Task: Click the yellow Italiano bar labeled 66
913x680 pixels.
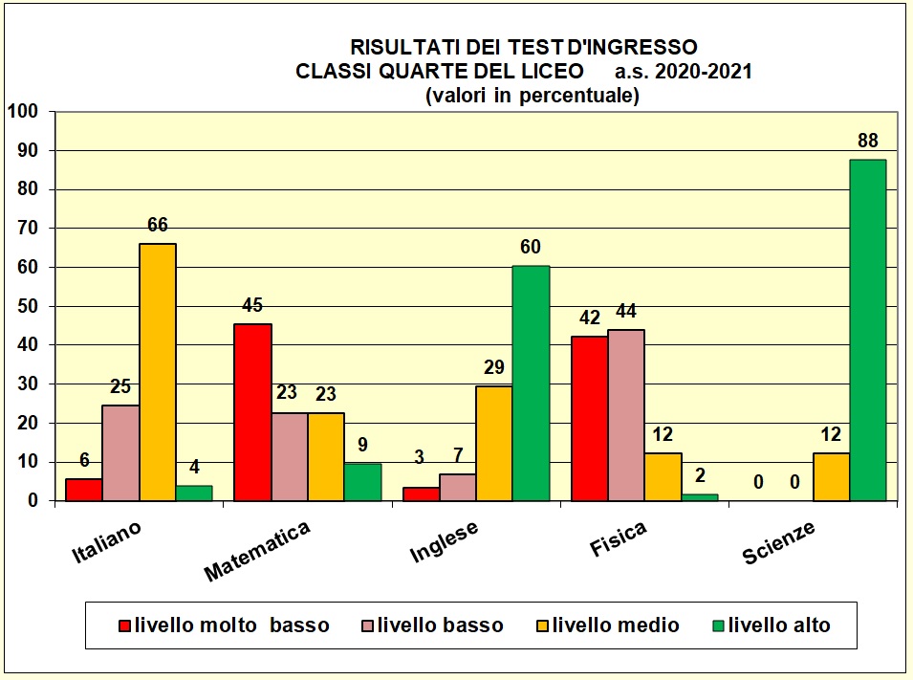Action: (158, 372)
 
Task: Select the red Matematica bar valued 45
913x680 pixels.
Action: (252, 412)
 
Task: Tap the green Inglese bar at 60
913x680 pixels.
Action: (531, 383)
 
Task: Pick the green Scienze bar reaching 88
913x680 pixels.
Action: (867, 330)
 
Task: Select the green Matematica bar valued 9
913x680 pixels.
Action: (362, 482)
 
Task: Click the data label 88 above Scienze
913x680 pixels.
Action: (867, 141)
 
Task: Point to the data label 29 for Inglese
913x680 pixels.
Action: (493, 367)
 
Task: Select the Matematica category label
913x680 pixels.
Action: (257, 552)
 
